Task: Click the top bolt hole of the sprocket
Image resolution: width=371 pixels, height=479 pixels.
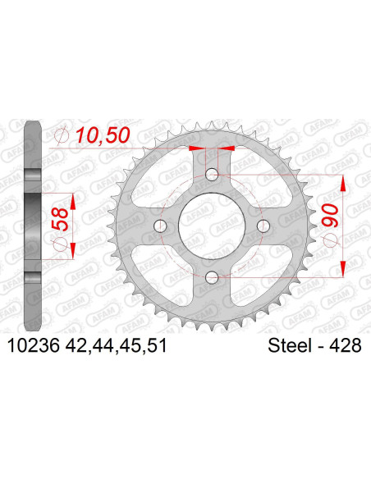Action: tap(212, 175)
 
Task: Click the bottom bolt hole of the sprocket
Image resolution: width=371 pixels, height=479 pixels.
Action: tap(212, 278)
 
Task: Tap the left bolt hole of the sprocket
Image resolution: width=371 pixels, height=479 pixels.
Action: tap(160, 226)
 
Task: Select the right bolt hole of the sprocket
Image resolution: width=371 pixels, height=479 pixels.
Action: tap(263, 226)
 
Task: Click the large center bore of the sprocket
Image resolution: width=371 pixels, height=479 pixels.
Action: tap(212, 226)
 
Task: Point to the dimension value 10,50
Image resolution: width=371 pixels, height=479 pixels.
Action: tap(103, 135)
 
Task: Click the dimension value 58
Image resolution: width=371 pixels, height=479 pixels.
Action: tap(60, 219)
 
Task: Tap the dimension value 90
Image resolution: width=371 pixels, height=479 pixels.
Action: tap(330, 216)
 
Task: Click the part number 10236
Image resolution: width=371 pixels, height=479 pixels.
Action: tap(33, 346)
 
